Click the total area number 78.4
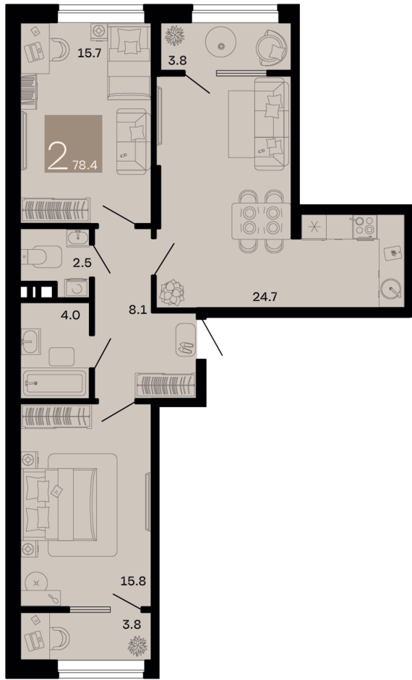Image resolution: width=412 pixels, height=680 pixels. pos(85,165)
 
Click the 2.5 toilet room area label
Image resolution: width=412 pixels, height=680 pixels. pos(82,263)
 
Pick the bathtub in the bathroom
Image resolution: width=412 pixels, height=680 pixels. pos(55,382)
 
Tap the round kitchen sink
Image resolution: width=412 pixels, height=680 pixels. pos(391,289)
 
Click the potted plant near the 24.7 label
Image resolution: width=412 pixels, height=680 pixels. pos(172,292)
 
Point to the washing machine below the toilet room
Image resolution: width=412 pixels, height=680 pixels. pos(74,287)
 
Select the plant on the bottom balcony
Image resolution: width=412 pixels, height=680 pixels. pos(136,644)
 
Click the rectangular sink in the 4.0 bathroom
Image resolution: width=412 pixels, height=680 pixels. pos(30,341)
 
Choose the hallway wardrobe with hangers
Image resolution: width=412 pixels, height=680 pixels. pos(166,384)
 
